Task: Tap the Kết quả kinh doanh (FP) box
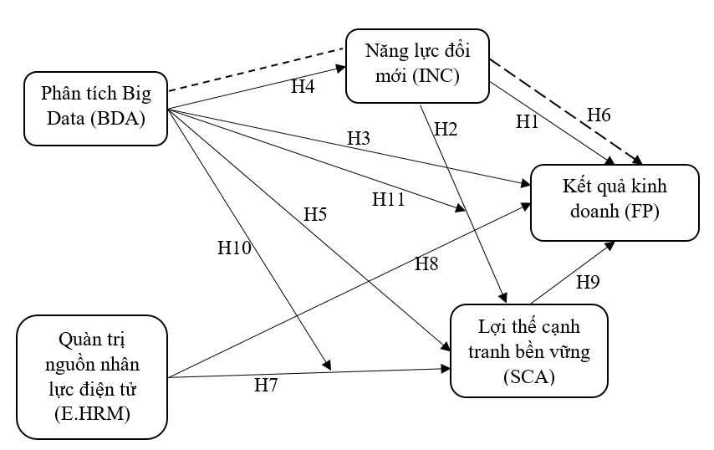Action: pos(616,202)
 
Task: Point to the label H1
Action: pos(528,122)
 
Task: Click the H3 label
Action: pos(360,137)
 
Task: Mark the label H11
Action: pos(390,199)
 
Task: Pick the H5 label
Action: pos(314,214)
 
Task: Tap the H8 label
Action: pos(427,263)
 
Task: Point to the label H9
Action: pos(587,282)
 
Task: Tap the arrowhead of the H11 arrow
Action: pos(462,208)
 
